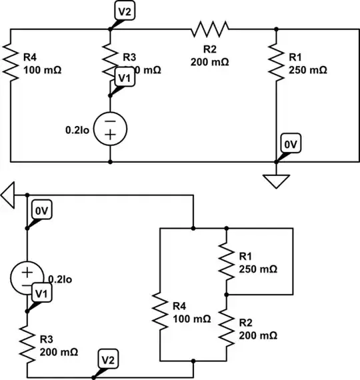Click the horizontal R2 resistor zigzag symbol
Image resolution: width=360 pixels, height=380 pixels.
coord(210,28)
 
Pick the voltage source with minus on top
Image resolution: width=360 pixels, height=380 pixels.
coord(110,128)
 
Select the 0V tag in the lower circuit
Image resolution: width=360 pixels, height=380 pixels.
coord(41,212)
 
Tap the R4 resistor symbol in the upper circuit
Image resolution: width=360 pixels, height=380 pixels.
coord(11,61)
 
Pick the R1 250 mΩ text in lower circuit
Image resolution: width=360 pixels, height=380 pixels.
coord(257,263)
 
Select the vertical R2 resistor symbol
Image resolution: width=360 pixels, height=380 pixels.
coord(226,327)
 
